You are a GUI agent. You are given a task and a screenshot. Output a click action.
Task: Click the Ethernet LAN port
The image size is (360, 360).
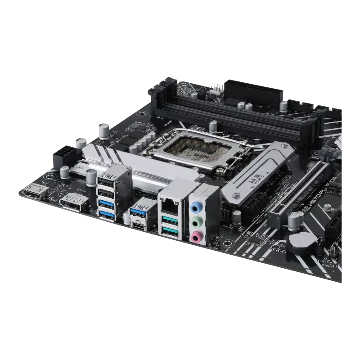coord(169,205)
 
